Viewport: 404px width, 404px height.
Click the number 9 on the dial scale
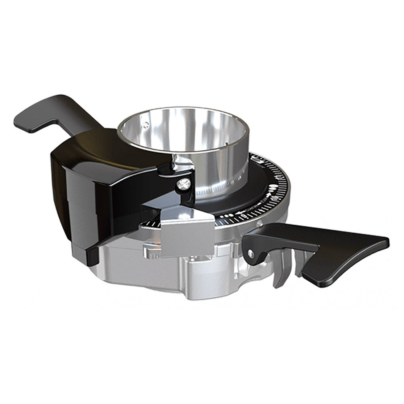[245, 215]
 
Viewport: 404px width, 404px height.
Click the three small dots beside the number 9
[227, 216]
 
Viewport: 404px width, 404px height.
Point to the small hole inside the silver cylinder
[147, 123]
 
